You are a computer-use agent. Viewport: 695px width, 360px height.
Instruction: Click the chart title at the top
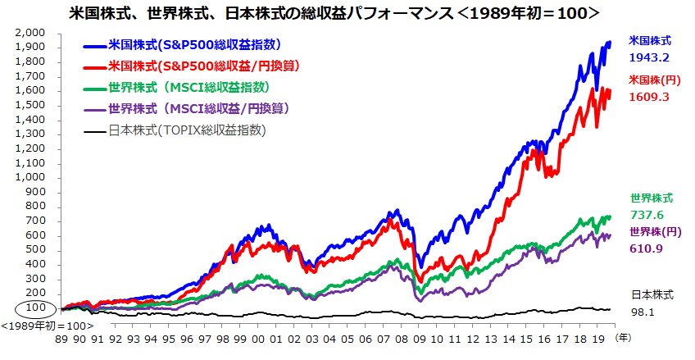pos(347,13)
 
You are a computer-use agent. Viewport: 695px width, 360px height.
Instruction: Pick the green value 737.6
pos(647,215)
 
